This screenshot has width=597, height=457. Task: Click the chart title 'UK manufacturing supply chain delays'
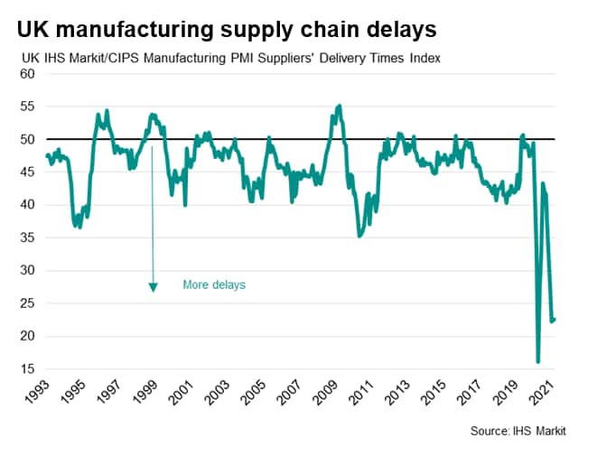[227, 30]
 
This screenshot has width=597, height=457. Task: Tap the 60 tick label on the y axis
[27, 74]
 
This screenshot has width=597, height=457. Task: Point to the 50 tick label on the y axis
[27, 140]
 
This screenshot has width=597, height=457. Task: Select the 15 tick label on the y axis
[27, 369]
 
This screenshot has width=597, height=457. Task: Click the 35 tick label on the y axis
[27, 238]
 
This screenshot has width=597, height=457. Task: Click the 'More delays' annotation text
[214, 284]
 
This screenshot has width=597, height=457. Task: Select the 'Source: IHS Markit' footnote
[518, 432]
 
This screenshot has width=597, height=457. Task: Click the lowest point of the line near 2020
[538, 361]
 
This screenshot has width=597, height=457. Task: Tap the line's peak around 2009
[339, 106]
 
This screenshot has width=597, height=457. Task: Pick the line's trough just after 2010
[359, 236]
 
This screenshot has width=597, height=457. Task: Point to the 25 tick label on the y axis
[27, 303]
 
